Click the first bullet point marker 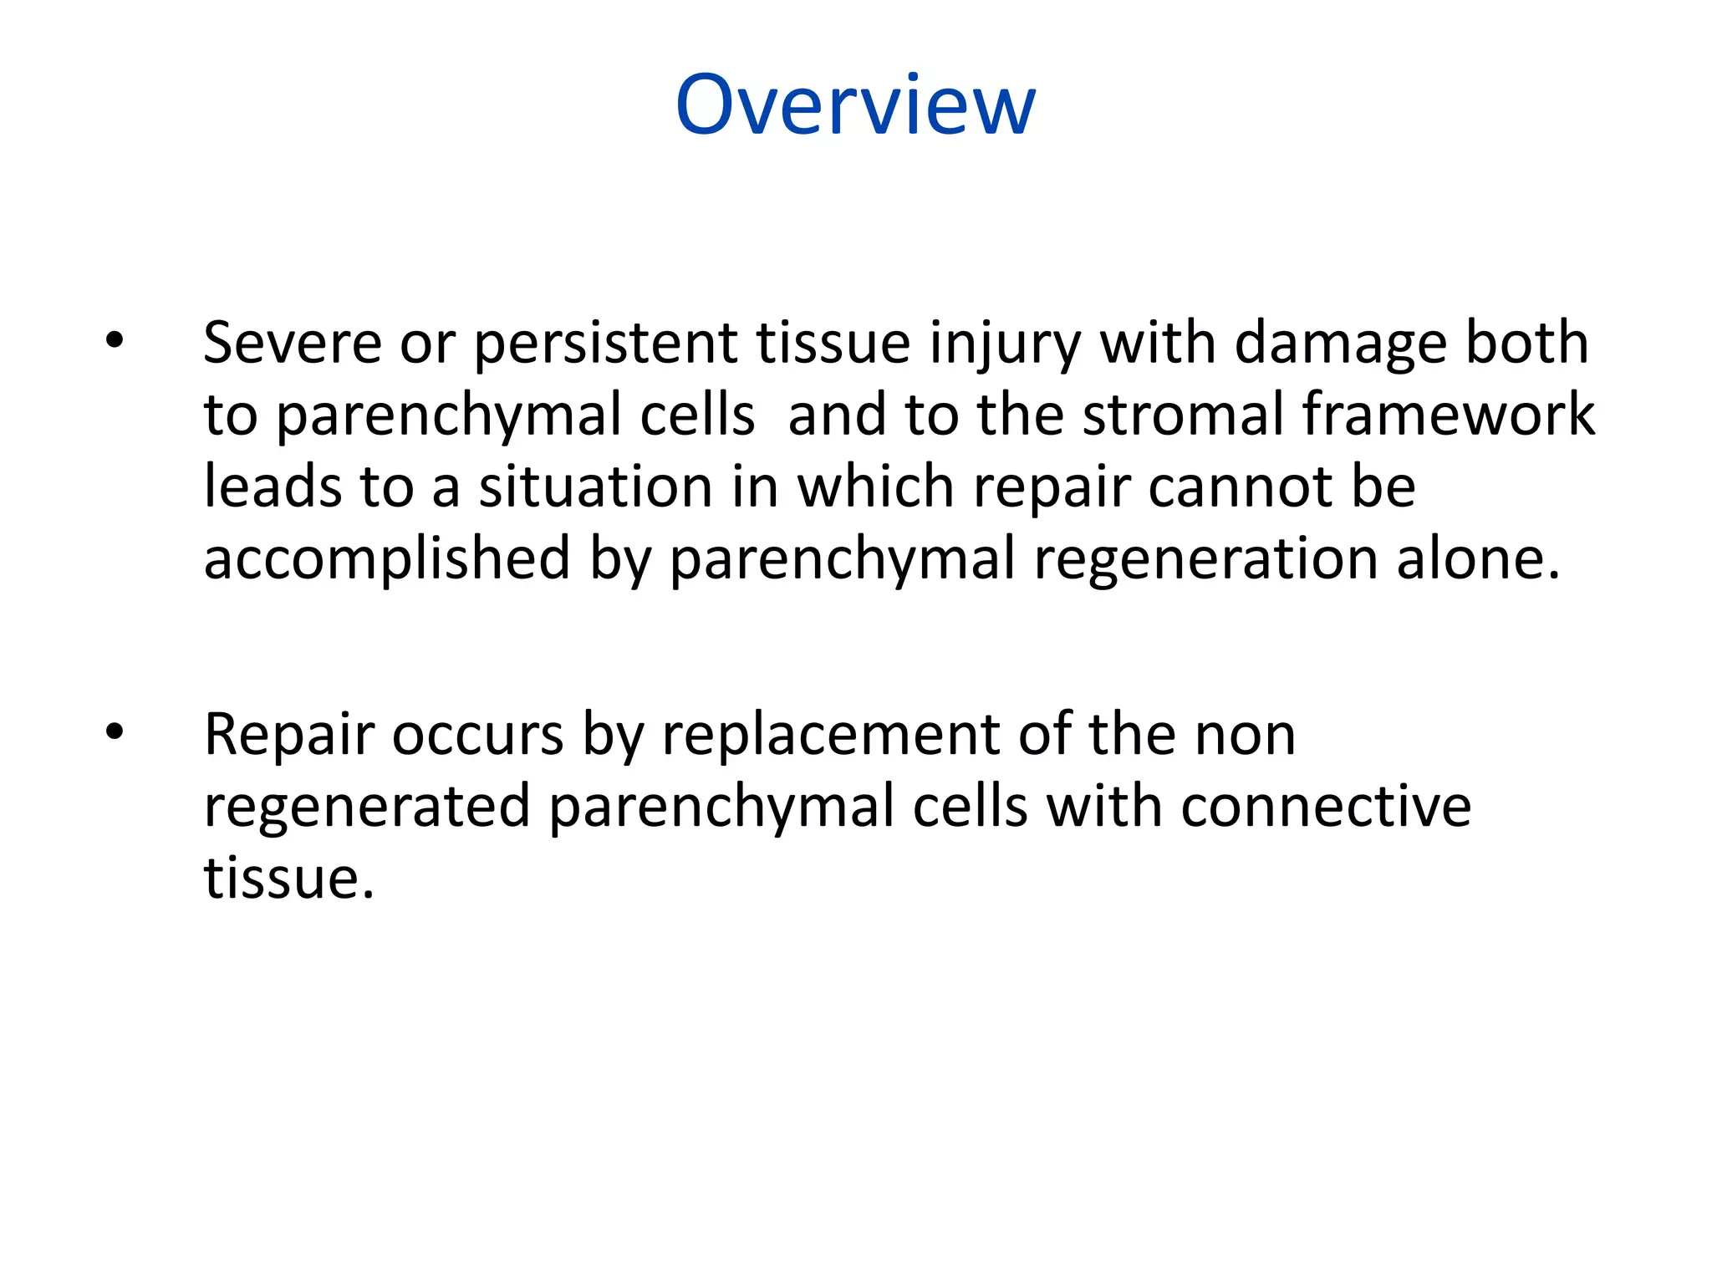(x=115, y=340)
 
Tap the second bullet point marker (x=115, y=732)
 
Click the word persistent (x=605, y=344)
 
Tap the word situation (x=595, y=487)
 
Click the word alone (x=1475, y=558)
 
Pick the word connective (x=1326, y=808)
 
